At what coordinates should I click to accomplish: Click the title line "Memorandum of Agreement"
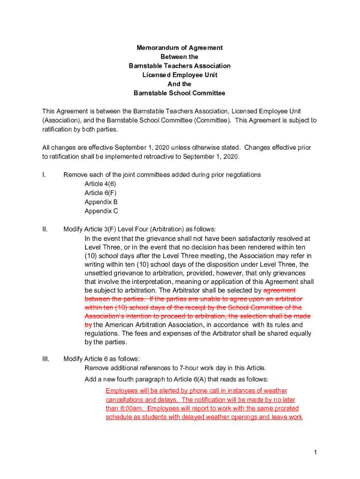[x=180, y=48]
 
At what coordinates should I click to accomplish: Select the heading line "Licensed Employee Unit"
[x=180, y=75]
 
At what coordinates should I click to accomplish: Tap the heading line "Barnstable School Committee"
[x=180, y=93]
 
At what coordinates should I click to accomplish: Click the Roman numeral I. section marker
[x=44, y=174]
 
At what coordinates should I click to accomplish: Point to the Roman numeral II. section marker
[x=45, y=229]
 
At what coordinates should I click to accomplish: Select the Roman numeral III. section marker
[x=46, y=359]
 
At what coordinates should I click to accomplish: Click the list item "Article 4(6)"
[x=100, y=184]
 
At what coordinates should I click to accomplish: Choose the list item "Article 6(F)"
[x=100, y=193]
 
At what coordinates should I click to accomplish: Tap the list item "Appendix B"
[x=101, y=202]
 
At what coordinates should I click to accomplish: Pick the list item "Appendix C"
[x=101, y=211]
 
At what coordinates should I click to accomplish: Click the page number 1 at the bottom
[x=316, y=452]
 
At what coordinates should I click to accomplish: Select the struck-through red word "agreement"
[x=279, y=290]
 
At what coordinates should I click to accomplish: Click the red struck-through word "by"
[x=88, y=325]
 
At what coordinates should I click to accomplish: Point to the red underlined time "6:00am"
[x=134, y=408]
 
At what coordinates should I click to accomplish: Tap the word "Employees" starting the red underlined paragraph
[x=123, y=391]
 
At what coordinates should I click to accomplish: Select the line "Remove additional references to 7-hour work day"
[x=175, y=368]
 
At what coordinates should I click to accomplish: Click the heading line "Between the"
[x=180, y=57]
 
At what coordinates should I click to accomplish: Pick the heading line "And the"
[x=180, y=84]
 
